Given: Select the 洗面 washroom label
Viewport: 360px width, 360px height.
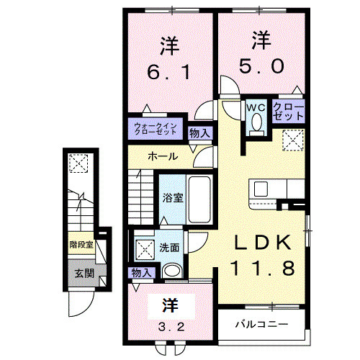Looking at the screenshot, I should coord(170,248).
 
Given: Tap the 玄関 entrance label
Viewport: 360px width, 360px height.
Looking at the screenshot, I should coord(81,273).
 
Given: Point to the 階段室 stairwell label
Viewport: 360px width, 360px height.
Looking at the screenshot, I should coord(81,245).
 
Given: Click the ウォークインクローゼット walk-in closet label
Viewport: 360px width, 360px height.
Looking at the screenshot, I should coord(156,130).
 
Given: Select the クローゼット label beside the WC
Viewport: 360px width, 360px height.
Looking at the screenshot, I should coord(289,112).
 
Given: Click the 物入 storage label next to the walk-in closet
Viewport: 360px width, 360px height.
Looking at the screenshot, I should coord(199,132).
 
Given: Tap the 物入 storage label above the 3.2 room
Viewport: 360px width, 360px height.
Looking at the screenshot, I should coord(142,272).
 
